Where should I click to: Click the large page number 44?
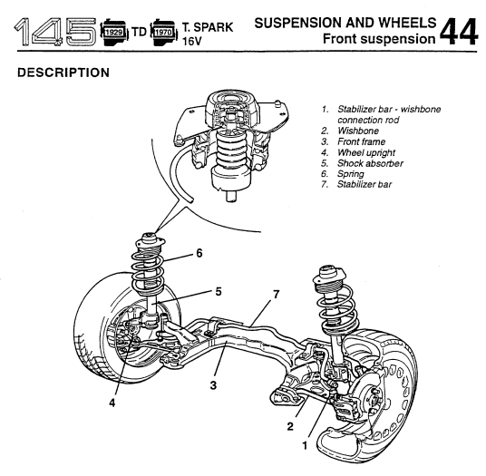(x=459, y=32)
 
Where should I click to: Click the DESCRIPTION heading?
(x=63, y=73)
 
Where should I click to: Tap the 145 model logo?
(x=55, y=32)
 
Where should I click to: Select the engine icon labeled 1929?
(x=114, y=33)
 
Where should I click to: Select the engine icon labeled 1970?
(x=163, y=33)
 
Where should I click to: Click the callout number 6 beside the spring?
(x=199, y=254)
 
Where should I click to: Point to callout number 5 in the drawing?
(x=219, y=292)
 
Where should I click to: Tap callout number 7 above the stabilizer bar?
(x=277, y=295)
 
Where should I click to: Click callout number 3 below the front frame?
(x=213, y=385)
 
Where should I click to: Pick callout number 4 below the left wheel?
(x=112, y=403)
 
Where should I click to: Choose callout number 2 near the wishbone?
(x=290, y=426)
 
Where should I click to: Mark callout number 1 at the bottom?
(x=305, y=446)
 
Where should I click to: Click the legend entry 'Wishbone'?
(x=358, y=131)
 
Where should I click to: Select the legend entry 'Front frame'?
(x=362, y=142)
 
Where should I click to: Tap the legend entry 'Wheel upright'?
(x=366, y=153)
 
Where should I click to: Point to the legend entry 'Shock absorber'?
(x=370, y=163)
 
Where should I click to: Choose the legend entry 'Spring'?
(x=351, y=174)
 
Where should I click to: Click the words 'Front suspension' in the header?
(x=379, y=39)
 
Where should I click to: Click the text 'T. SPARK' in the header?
(x=208, y=27)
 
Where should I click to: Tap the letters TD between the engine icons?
(x=139, y=32)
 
